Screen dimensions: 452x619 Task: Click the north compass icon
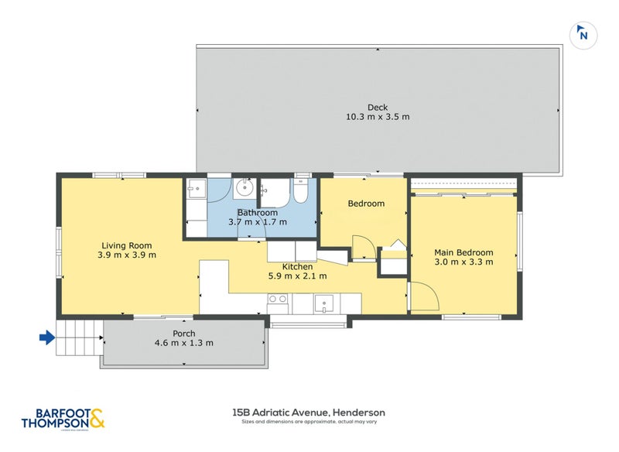tap(583, 34)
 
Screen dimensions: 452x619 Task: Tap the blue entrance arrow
tap(47, 337)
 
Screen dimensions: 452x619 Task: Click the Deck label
tap(378, 108)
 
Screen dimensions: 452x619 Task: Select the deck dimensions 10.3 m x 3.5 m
tap(378, 118)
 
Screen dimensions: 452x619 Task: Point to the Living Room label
tap(128, 245)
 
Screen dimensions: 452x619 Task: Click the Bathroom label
tap(258, 212)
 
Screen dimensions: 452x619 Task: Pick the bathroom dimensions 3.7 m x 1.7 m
tap(258, 222)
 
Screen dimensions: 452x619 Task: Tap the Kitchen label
tap(297, 266)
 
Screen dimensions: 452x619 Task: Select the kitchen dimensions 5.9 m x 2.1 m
tap(297, 276)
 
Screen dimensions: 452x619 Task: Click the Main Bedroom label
tap(463, 252)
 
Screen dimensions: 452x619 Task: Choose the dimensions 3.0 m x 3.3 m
tap(463, 262)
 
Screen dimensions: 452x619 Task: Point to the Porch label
tap(184, 334)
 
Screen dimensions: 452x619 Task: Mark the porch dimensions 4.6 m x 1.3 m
tap(184, 344)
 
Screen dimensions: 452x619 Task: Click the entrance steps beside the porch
tap(80, 338)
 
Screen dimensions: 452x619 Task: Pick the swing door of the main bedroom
tap(422, 298)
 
